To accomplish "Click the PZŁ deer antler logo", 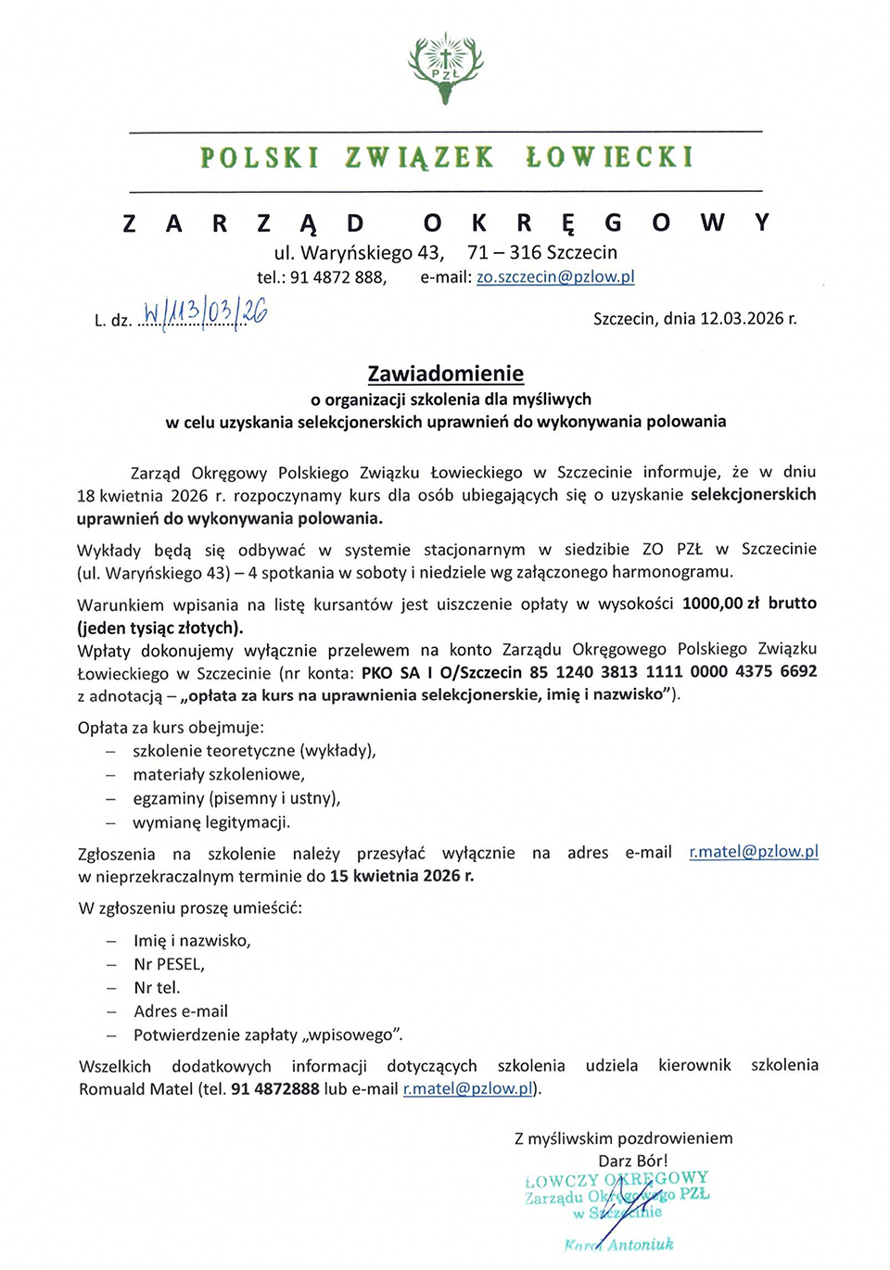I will pos(445,67).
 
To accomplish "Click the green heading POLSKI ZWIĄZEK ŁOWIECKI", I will pos(446,158).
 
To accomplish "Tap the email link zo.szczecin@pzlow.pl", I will pos(555,277).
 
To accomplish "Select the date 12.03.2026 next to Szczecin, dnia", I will pos(742,319).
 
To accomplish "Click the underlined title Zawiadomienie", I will pos(445,374).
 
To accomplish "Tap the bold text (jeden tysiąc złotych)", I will pos(160,628).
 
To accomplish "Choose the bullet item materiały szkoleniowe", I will pos(219,774).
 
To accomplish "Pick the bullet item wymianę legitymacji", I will pos(211,822).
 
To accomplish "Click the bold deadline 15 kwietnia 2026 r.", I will pos(401,876).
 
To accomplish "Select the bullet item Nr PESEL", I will pos(169,964).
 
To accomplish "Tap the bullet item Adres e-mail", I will pos(181,1011).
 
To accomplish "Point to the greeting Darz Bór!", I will pos(632,1161).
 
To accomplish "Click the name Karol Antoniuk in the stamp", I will pos(619,1245).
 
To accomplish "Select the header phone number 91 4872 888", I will pos(337,277).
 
